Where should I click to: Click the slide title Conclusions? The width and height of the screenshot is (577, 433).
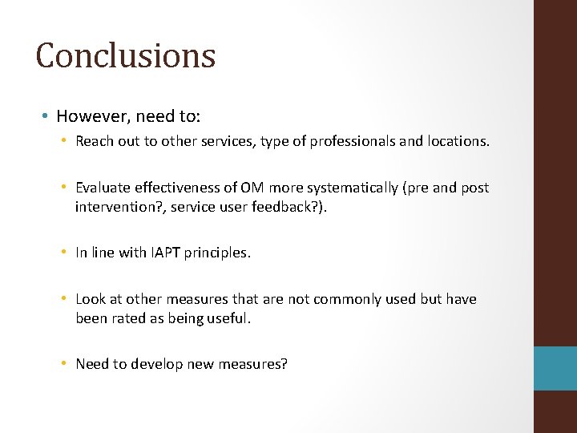pos(126,55)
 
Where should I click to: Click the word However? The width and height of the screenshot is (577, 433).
pos(87,116)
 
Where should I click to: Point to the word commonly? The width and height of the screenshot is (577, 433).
pos(348,299)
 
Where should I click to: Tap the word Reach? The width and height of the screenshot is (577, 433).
pos(94,142)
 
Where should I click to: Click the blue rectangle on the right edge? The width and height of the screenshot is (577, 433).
pos(555,368)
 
